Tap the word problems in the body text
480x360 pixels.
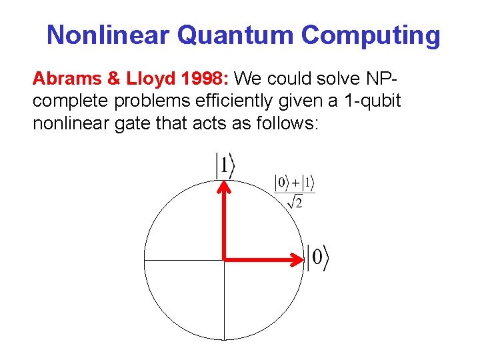point(145,101)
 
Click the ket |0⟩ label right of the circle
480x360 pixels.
point(318,257)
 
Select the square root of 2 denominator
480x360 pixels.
point(295,201)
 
